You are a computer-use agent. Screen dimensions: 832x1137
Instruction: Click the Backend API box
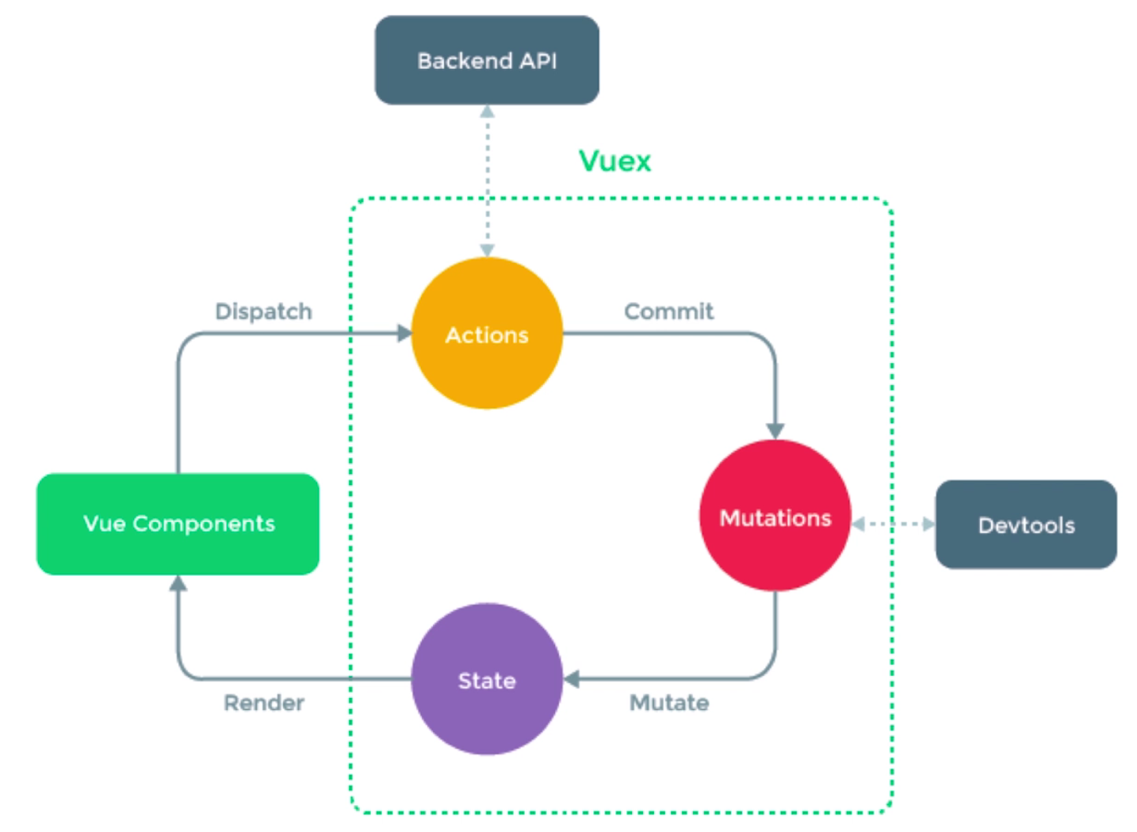pyautogui.click(x=486, y=60)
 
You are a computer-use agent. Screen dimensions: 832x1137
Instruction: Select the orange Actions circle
pyautogui.click(x=486, y=334)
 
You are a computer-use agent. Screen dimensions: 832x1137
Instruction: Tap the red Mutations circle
pyautogui.click(x=775, y=516)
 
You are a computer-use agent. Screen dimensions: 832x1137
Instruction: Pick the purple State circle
pyautogui.click(x=486, y=679)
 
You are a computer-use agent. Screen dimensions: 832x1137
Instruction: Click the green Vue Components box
pyautogui.click(x=178, y=524)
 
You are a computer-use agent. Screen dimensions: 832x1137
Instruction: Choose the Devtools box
pyautogui.click(x=1025, y=525)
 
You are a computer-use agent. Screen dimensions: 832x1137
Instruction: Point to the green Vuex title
pyautogui.click(x=614, y=161)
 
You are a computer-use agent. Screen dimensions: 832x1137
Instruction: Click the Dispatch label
pyautogui.click(x=263, y=311)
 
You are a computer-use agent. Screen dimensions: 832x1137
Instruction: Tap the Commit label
pyautogui.click(x=668, y=311)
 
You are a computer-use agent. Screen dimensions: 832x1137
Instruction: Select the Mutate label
pyautogui.click(x=668, y=703)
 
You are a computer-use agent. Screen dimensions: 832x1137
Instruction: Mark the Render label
pyautogui.click(x=263, y=703)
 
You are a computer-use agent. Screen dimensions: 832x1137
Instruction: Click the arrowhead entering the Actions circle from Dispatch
pyautogui.click(x=404, y=334)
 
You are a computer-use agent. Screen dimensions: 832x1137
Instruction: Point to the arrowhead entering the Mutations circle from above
pyautogui.click(x=775, y=431)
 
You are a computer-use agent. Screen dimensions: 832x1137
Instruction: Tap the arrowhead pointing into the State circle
pyautogui.click(x=572, y=679)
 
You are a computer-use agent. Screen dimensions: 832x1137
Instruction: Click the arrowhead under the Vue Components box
pyautogui.click(x=178, y=584)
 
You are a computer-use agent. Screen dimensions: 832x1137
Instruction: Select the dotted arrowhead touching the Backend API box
pyautogui.click(x=487, y=112)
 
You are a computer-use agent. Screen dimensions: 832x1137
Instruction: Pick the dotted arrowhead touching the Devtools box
pyautogui.click(x=928, y=524)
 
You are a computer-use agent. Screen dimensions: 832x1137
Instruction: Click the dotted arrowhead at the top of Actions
pyautogui.click(x=487, y=250)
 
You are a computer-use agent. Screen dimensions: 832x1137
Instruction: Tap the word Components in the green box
pyautogui.click(x=204, y=524)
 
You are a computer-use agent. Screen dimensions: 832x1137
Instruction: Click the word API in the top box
pyautogui.click(x=538, y=61)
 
